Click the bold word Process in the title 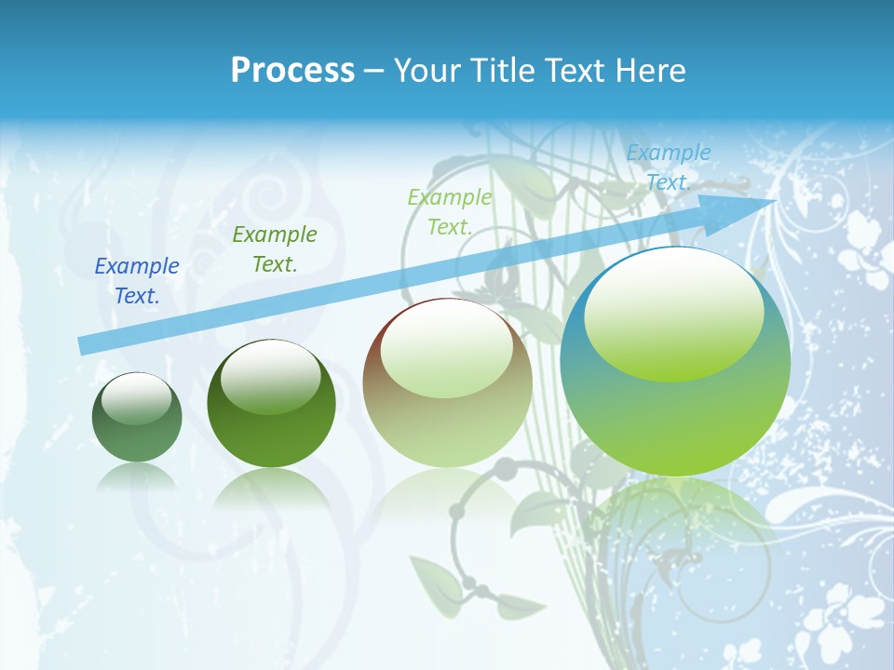pos(292,70)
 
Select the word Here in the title pos(651,70)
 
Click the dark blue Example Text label pos(137,281)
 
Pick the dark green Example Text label pos(275,248)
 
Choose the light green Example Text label pos(450,211)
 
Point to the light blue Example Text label pos(669,167)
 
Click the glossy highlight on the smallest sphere pos(136,398)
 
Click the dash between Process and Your pos(373,70)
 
